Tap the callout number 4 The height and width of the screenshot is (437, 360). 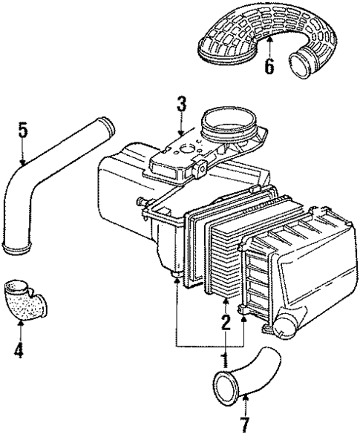point(19,349)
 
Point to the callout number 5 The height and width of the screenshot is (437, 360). point(23,131)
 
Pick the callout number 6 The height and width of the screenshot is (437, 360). point(269,67)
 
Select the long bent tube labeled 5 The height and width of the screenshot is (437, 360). point(45,185)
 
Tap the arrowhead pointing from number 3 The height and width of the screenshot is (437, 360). point(180,134)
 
